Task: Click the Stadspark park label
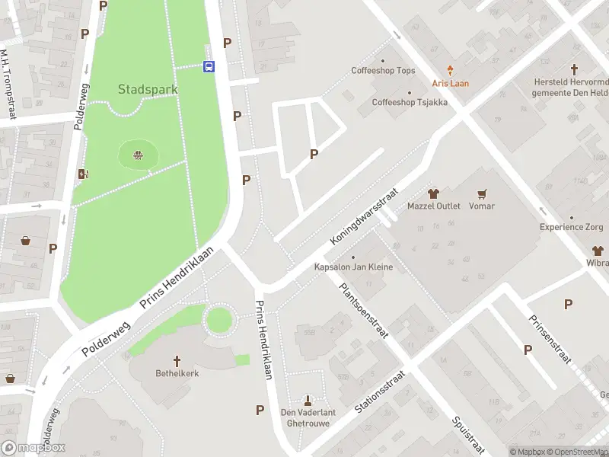coord(148,89)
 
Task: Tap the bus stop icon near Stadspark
coord(209,66)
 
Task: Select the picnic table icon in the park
coord(139,156)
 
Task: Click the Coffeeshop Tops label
coord(383,71)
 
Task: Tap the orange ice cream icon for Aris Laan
coord(451,70)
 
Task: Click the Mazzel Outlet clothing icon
coord(434,194)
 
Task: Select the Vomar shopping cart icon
coord(481,194)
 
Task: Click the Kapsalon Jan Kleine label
coord(353,267)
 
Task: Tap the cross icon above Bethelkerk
coord(177,361)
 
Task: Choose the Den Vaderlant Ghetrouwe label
coord(308,417)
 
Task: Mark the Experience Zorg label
coord(570,227)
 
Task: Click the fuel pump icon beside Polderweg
coord(83,174)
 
